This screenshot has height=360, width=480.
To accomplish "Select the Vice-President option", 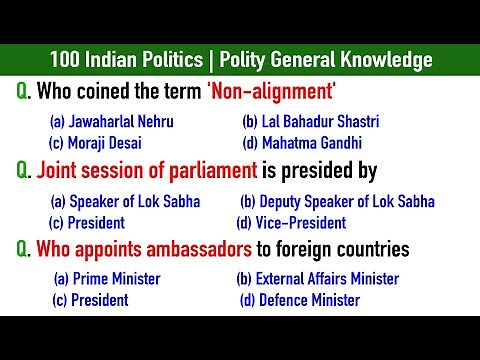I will point(291,223).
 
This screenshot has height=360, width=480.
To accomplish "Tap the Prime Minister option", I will point(107,279).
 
